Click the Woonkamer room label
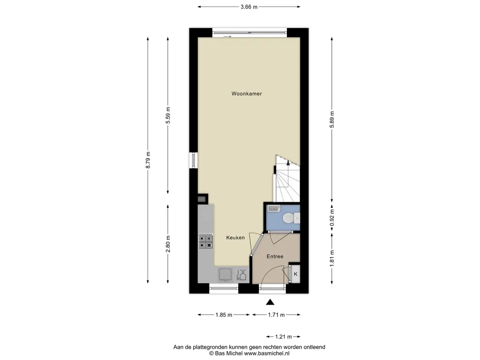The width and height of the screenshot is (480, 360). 247,94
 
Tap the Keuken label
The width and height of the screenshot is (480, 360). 235,238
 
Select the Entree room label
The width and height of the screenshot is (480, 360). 275,256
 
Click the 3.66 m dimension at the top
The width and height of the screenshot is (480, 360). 249,7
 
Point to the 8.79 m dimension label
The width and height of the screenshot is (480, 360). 148,160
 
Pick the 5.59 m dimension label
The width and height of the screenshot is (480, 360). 168,115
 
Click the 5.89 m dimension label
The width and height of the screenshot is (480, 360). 332,120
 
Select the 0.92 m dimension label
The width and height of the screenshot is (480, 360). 332,217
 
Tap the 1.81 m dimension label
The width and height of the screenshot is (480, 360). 332,258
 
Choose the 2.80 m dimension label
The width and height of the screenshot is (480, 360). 168,244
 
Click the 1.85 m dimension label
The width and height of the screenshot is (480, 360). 224,315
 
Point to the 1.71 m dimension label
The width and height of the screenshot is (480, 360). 277,315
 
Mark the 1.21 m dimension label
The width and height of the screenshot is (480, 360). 284,337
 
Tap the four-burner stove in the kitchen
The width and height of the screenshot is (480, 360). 206,241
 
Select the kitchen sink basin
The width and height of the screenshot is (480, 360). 225,275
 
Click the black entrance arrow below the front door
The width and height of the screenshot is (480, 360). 270,302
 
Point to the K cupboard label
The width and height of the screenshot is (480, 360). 296,274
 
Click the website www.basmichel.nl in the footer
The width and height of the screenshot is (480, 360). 267,353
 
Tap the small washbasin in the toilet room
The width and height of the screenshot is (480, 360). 274,209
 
